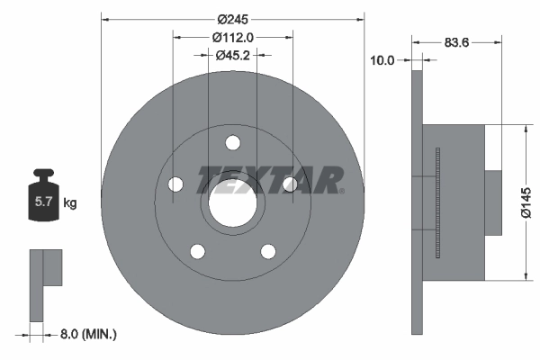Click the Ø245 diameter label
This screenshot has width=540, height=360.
pyautogui.click(x=233, y=18)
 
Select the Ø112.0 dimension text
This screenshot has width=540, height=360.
pyautogui.click(x=233, y=37)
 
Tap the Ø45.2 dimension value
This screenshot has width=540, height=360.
pyautogui.click(x=233, y=56)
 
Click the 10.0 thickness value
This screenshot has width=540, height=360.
pyautogui.click(x=383, y=60)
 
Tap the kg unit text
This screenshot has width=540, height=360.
pyautogui.click(x=70, y=203)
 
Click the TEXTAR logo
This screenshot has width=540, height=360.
pyautogui.click(x=270, y=179)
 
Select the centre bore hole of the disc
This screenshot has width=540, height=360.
pyautogui.click(x=232, y=206)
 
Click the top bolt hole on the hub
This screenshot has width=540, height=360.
pyautogui.click(x=232, y=142)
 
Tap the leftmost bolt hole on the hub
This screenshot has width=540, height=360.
pyautogui.click(x=175, y=184)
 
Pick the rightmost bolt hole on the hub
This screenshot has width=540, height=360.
pyautogui.click(x=290, y=184)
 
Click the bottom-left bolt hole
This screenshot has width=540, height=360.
pyautogui.click(x=197, y=251)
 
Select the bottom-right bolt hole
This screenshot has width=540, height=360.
pyautogui.click(x=268, y=251)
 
